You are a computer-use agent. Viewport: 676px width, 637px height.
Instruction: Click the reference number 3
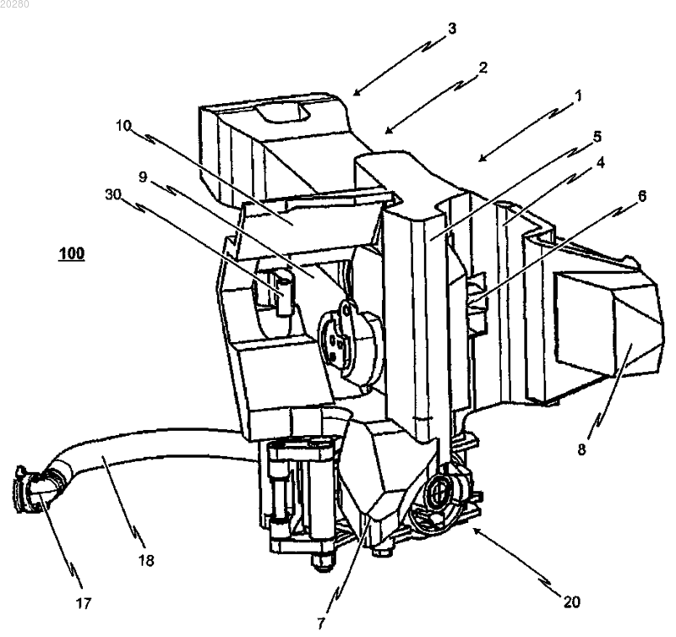(x=451, y=29)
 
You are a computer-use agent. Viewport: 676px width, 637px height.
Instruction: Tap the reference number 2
(x=482, y=68)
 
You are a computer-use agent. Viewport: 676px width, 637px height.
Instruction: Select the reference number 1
(x=578, y=95)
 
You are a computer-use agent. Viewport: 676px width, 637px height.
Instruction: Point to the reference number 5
(x=597, y=137)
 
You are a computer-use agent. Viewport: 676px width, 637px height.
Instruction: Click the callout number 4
(x=601, y=163)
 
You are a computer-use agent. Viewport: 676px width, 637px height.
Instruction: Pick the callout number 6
(x=642, y=196)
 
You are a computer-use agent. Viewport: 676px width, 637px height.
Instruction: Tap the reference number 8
(x=581, y=449)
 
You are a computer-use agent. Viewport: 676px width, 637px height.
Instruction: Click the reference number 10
(x=123, y=126)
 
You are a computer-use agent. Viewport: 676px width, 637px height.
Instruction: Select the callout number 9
(x=143, y=177)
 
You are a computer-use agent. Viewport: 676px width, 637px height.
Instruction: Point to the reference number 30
(x=113, y=194)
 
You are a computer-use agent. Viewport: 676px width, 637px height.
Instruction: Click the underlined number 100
(x=72, y=253)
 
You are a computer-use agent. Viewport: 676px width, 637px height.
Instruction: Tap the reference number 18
(x=146, y=560)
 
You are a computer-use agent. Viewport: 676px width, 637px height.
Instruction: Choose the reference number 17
(x=84, y=603)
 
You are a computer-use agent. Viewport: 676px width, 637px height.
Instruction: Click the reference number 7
(x=320, y=623)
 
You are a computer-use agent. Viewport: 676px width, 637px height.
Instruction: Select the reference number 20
(x=572, y=602)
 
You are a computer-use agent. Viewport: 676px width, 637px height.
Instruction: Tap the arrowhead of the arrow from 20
(x=477, y=530)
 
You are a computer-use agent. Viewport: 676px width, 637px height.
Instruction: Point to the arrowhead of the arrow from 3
(x=357, y=91)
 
